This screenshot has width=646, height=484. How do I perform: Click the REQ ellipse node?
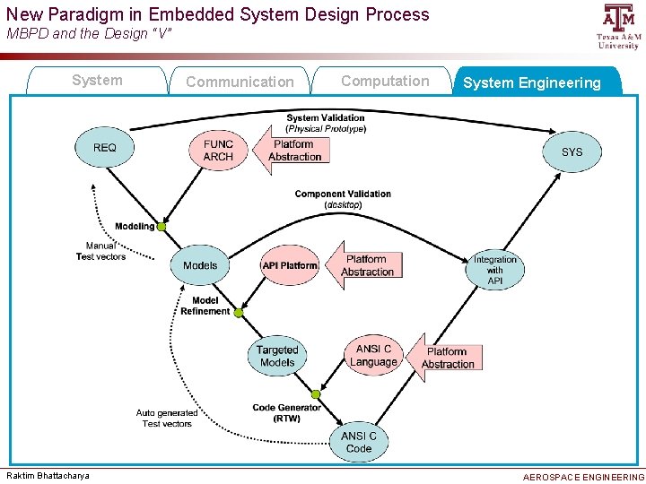(105, 148)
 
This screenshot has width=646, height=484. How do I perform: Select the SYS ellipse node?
(572, 151)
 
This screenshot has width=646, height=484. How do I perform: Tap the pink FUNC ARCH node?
(218, 150)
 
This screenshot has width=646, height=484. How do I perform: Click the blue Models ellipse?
(200, 265)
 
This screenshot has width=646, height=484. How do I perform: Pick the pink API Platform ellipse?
(290, 265)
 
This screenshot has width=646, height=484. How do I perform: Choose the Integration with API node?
(495, 270)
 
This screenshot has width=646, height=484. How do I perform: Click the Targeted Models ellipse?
(277, 356)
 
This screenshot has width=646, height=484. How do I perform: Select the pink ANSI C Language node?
(374, 355)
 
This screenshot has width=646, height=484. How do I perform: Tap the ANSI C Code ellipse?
(358, 442)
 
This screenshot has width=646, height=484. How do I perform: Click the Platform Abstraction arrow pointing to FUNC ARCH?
(292, 150)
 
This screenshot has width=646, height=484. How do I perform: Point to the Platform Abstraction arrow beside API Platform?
(364, 265)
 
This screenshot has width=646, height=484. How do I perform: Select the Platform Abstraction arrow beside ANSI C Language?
(444, 358)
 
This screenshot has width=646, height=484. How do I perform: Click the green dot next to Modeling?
(161, 227)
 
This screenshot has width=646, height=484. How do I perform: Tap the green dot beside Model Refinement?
(237, 312)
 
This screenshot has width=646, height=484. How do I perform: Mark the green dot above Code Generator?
(315, 394)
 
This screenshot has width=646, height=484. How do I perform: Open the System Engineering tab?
(532, 82)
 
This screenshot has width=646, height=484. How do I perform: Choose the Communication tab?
(240, 82)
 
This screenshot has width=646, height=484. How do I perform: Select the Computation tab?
(385, 81)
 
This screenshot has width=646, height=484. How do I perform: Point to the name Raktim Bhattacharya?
(48, 475)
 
